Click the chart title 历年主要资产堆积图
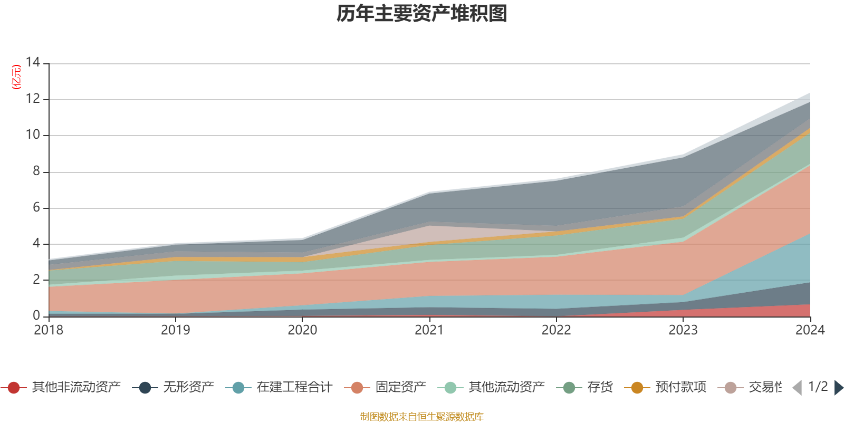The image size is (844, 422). [x=422, y=14]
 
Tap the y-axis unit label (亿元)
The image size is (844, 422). [x=16, y=77]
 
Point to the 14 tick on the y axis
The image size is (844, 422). [x=33, y=63]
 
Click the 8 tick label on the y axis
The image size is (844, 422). [x=36, y=171]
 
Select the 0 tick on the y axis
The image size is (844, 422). [x=36, y=315]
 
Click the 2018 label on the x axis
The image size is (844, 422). [x=49, y=330]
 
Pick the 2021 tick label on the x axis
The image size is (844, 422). [x=429, y=330]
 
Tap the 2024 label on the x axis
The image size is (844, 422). [x=810, y=330]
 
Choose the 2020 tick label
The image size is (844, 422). [x=302, y=330]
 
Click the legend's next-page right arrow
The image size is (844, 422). [x=838, y=388]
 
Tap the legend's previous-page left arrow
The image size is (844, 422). [x=797, y=388]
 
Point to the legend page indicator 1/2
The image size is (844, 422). [x=818, y=387]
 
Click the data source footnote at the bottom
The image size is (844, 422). [x=422, y=417]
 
